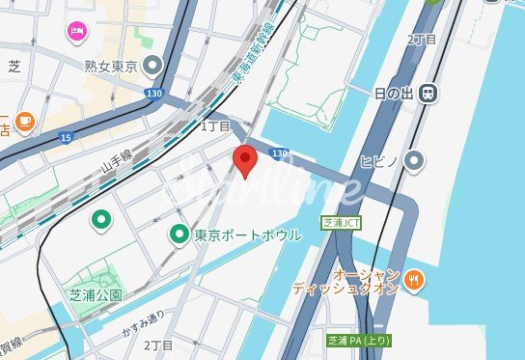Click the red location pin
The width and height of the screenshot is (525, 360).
coord(245,161)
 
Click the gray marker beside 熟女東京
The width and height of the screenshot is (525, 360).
coord(152,66)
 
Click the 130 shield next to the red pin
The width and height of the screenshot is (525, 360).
coord(279,153)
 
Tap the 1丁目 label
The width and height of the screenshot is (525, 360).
coord(215,126)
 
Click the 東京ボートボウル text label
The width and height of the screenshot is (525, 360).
coord(248,235)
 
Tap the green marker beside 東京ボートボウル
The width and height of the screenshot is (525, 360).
coord(179,234)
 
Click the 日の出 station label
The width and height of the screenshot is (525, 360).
coord(393,93)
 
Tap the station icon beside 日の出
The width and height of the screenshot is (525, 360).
coord(428,93)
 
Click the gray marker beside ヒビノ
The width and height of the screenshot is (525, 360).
coord(415,159)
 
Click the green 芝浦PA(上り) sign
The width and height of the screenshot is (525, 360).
coord(358,341)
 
